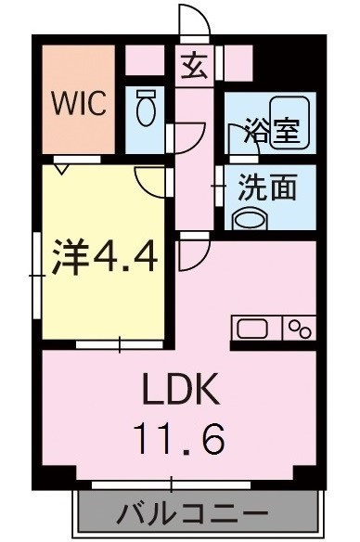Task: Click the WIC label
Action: (x=79, y=103)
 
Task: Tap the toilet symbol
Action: (x=146, y=108)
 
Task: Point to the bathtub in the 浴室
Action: (x=289, y=123)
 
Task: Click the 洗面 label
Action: (x=268, y=187)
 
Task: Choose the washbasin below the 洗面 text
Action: (x=250, y=218)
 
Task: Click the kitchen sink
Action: (x=252, y=329)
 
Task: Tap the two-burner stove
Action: (x=299, y=328)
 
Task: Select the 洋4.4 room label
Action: (x=105, y=257)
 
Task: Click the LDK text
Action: (x=181, y=389)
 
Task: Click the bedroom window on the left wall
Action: (x=37, y=276)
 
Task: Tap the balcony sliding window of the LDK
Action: (x=172, y=485)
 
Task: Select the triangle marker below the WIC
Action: (x=62, y=170)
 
